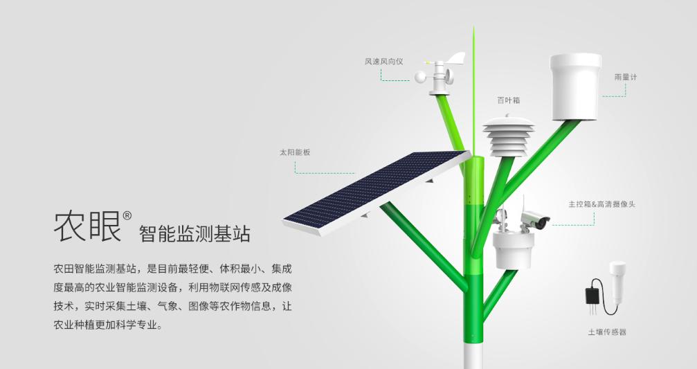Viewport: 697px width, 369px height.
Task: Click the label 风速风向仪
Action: coord(383,62)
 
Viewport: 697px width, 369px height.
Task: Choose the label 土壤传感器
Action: coord(607,332)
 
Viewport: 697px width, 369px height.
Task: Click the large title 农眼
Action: coord(87,225)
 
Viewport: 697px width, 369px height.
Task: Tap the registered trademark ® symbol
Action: coord(127,215)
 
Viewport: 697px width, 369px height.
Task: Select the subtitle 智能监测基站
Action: coord(194,233)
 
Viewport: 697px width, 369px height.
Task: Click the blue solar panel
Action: coord(374,191)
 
